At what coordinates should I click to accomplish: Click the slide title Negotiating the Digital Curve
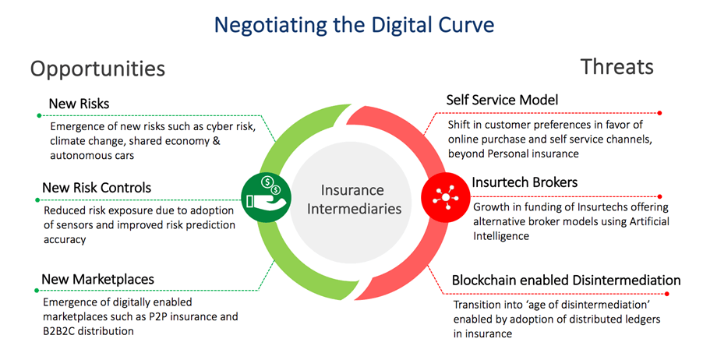pyautogui.click(x=354, y=24)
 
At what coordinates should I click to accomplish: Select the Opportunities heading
pyautogui.click(x=97, y=69)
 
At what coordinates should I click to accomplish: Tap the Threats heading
pyautogui.click(x=617, y=66)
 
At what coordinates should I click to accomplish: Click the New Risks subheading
pyautogui.click(x=79, y=104)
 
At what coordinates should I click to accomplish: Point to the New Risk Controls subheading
pyautogui.click(x=97, y=187)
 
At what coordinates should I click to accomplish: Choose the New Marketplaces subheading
pyautogui.click(x=97, y=279)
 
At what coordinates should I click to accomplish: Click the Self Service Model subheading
pyautogui.click(x=502, y=100)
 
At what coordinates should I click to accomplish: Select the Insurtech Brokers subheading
pyautogui.click(x=525, y=182)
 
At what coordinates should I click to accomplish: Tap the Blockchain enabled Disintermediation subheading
pyautogui.click(x=567, y=281)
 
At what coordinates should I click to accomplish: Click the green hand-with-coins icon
pyautogui.click(x=267, y=198)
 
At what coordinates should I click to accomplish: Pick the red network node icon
pyautogui.click(x=446, y=197)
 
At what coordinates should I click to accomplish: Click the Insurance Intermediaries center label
pyautogui.click(x=354, y=199)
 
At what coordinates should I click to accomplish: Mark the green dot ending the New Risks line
pyautogui.click(x=39, y=115)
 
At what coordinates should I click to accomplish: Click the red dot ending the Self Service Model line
pyautogui.click(x=659, y=113)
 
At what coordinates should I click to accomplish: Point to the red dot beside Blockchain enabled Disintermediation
pyautogui.click(x=666, y=294)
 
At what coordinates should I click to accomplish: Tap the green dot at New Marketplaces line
pyautogui.click(x=37, y=291)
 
